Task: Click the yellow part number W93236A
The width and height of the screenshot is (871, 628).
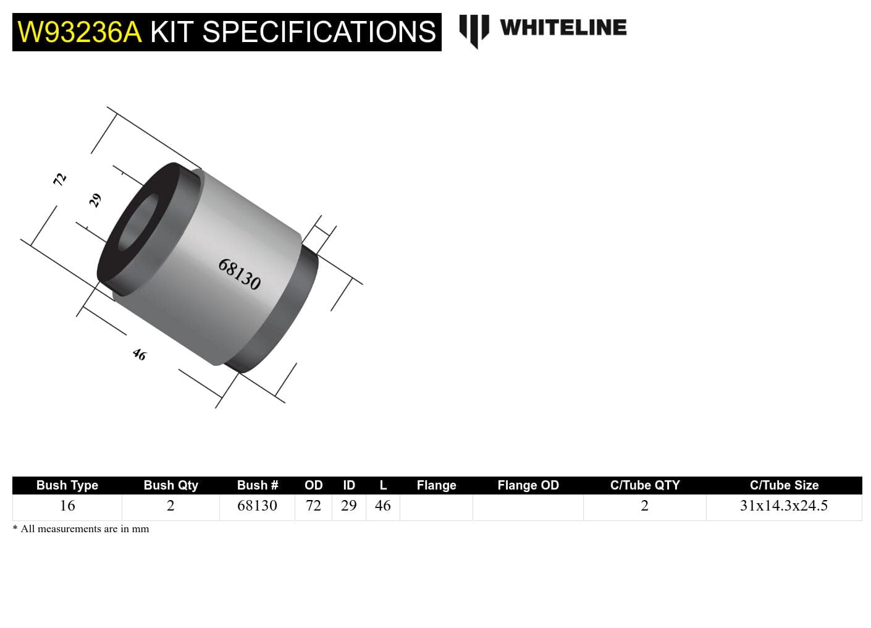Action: [x=80, y=32]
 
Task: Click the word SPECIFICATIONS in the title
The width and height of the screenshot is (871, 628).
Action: [x=319, y=32]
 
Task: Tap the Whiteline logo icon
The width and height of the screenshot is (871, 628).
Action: [x=474, y=30]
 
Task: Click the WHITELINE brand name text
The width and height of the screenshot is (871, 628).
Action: [x=563, y=28]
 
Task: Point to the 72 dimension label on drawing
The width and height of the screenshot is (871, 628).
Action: [x=59, y=179]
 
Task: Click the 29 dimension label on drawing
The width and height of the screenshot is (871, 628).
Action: [x=95, y=200]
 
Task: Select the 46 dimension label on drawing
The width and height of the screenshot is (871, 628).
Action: [x=140, y=354]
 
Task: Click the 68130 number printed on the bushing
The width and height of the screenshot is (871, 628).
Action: [x=240, y=274]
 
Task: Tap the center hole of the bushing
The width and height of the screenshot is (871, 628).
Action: [x=137, y=223]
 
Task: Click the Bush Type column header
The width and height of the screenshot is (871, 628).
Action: [x=67, y=485]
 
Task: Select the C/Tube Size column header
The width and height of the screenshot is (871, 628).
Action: [x=784, y=485]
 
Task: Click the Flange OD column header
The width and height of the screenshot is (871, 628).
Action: [x=528, y=485]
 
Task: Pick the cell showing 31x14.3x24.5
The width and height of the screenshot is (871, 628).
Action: [x=784, y=506]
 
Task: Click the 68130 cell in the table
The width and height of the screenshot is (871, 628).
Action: [x=257, y=506]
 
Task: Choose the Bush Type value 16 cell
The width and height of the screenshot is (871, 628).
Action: [x=67, y=506]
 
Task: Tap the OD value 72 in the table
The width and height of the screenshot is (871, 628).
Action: [x=313, y=506]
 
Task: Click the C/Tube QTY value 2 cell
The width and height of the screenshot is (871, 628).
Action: [x=644, y=506]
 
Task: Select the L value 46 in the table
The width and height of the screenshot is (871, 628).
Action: [x=382, y=506]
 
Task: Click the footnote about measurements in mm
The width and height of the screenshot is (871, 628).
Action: [x=81, y=528]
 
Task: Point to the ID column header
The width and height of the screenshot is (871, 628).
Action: [x=349, y=485]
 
